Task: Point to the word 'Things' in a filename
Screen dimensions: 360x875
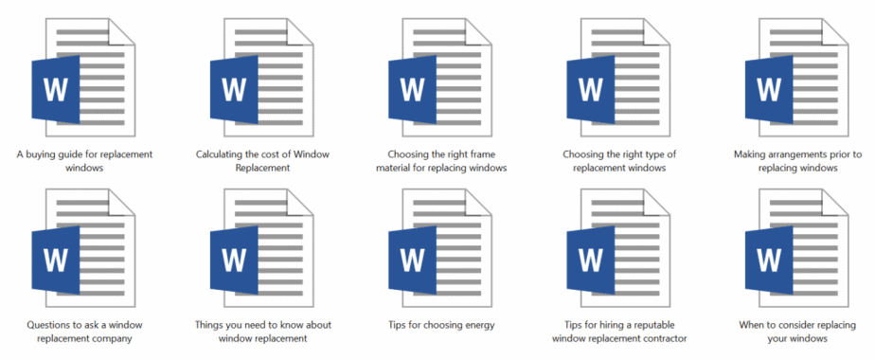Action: [214, 325]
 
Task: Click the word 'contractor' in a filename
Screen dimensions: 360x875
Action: [659, 338]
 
